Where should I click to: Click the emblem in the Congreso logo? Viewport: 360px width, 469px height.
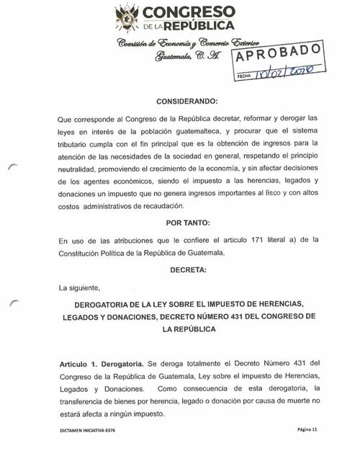pyautogui.click(x=127, y=17)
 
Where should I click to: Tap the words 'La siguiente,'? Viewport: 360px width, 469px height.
pyautogui.click(x=79, y=287)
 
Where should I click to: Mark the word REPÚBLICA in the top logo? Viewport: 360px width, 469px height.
pyautogui.click(x=197, y=26)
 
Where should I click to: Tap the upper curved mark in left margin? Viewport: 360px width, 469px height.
pyautogui.click(x=12, y=168)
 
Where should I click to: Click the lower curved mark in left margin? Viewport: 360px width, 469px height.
pyautogui.click(x=12, y=303)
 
